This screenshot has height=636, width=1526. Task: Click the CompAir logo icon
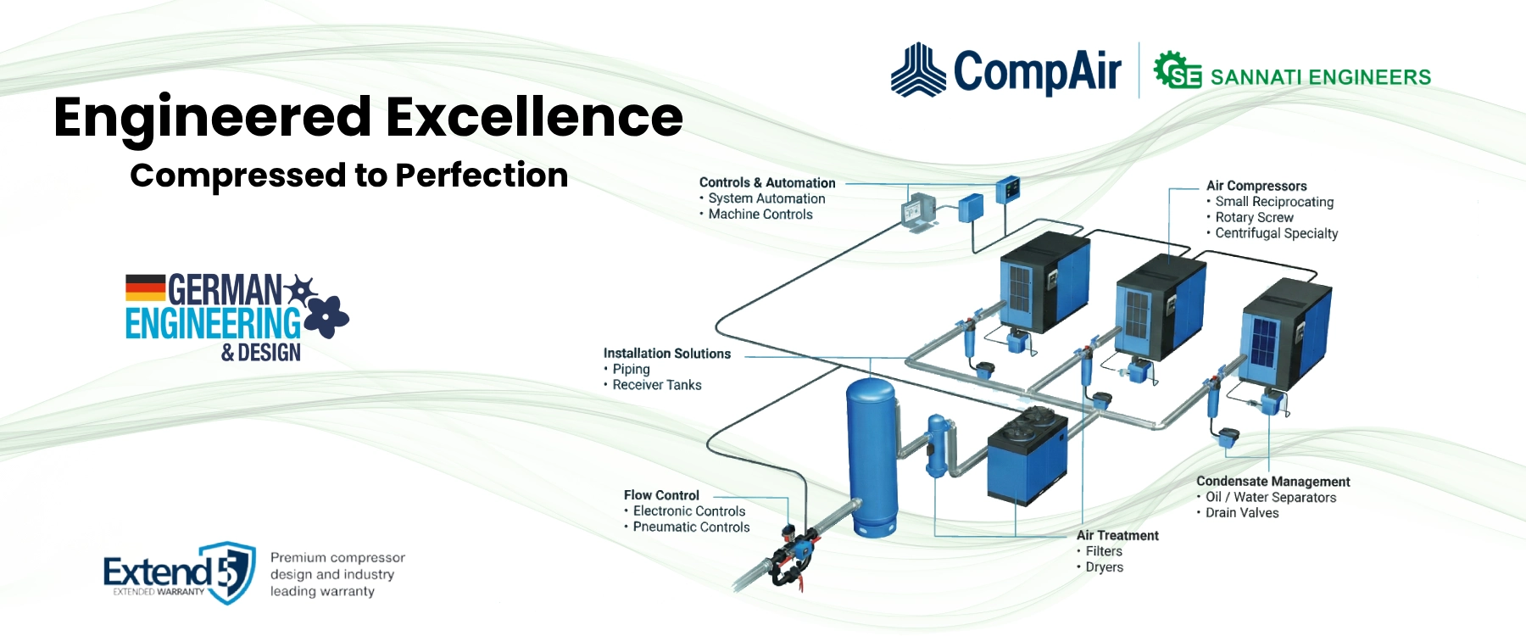[x=918, y=70]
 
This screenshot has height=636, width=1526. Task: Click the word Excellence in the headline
[x=535, y=117]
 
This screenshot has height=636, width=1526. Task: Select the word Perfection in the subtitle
[x=482, y=176]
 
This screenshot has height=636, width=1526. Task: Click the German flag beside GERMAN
[x=145, y=288]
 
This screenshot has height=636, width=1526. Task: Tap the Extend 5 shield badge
[x=229, y=572]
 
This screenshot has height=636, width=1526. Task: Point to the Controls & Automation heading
[x=766, y=182]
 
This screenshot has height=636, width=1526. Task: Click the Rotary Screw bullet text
[x=1254, y=218]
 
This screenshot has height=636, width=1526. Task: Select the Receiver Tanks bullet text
[x=657, y=385]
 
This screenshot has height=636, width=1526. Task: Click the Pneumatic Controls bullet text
[x=691, y=527]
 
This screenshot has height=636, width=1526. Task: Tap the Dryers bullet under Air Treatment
[x=1104, y=567]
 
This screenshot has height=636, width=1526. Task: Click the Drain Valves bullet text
[x=1242, y=513]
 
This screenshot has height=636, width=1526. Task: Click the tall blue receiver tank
[x=872, y=458]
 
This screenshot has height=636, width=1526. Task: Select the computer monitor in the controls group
[x=916, y=210]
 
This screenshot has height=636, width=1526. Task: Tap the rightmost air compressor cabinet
[x=1284, y=335]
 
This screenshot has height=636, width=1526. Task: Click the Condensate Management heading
[x=1273, y=482]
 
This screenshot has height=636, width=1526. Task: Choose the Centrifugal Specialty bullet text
[x=1276, y=233]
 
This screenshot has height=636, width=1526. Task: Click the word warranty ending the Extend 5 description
[x=346, y=592]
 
